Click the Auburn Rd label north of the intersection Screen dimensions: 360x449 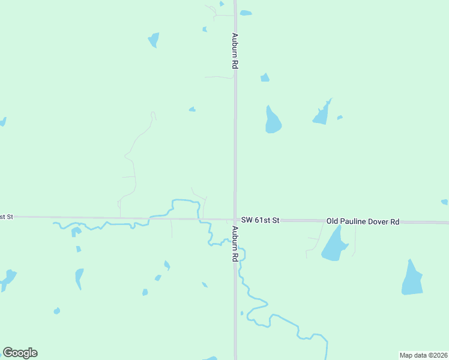pos(235,52)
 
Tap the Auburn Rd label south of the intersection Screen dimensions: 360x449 pos(235,244)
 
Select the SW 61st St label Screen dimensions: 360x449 pos(260,220)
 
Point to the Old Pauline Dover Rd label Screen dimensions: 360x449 pos(363,221)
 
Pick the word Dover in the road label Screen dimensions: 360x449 pos(380,221)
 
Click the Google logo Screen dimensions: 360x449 pos(20,353)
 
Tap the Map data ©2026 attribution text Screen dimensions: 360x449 pos(423,355)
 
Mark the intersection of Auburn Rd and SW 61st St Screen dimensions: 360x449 pos(235,220)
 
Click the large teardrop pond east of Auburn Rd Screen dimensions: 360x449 pos(273,122)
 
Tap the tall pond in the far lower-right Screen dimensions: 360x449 pos(412,280)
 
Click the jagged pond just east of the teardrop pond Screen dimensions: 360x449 pos(322,114)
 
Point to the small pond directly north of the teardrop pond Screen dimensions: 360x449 pos(265,77)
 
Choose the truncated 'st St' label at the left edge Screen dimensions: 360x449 pos(6,216)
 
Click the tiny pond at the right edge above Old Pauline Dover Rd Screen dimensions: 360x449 pos(444,202)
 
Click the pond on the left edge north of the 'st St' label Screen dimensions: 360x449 pos(2,122)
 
